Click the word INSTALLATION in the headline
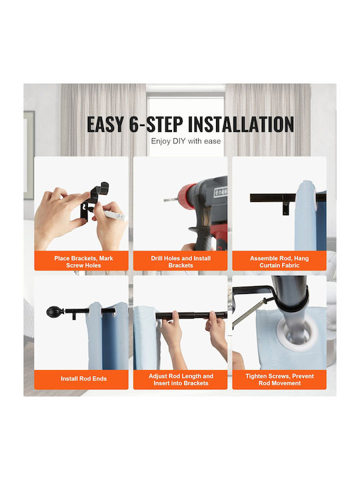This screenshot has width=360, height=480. tap(241, 125)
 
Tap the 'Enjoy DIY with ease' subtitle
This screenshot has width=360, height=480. tap(186, 141)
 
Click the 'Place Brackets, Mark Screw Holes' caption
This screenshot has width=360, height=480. tap(83, 262)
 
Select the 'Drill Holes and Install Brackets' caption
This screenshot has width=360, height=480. tap(181, 262)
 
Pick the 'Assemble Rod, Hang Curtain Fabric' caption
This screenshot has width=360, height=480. tap(279, 262)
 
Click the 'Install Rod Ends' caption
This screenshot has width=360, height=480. tap(83, 379)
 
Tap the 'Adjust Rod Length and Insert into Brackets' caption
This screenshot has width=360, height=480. tap(181, 379)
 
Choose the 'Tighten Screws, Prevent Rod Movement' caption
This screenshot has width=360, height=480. tap(279, 379)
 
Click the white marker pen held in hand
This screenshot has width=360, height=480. tap(115, 215)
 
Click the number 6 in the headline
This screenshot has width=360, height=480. tap(134, 125)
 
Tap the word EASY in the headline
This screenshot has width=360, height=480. tap(105, 125)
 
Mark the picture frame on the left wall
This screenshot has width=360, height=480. tap(29, 155)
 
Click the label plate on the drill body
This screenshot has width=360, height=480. tap(221, 191)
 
